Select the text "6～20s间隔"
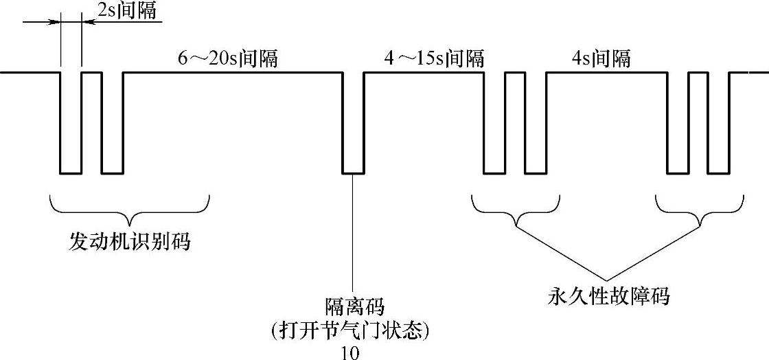(227, 58)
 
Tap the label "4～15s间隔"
(433, 58)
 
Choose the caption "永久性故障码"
(608, 297)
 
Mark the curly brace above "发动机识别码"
(129, 206)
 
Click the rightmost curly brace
(699, 210)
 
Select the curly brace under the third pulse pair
(515, 210)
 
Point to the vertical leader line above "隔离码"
(353, 234)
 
